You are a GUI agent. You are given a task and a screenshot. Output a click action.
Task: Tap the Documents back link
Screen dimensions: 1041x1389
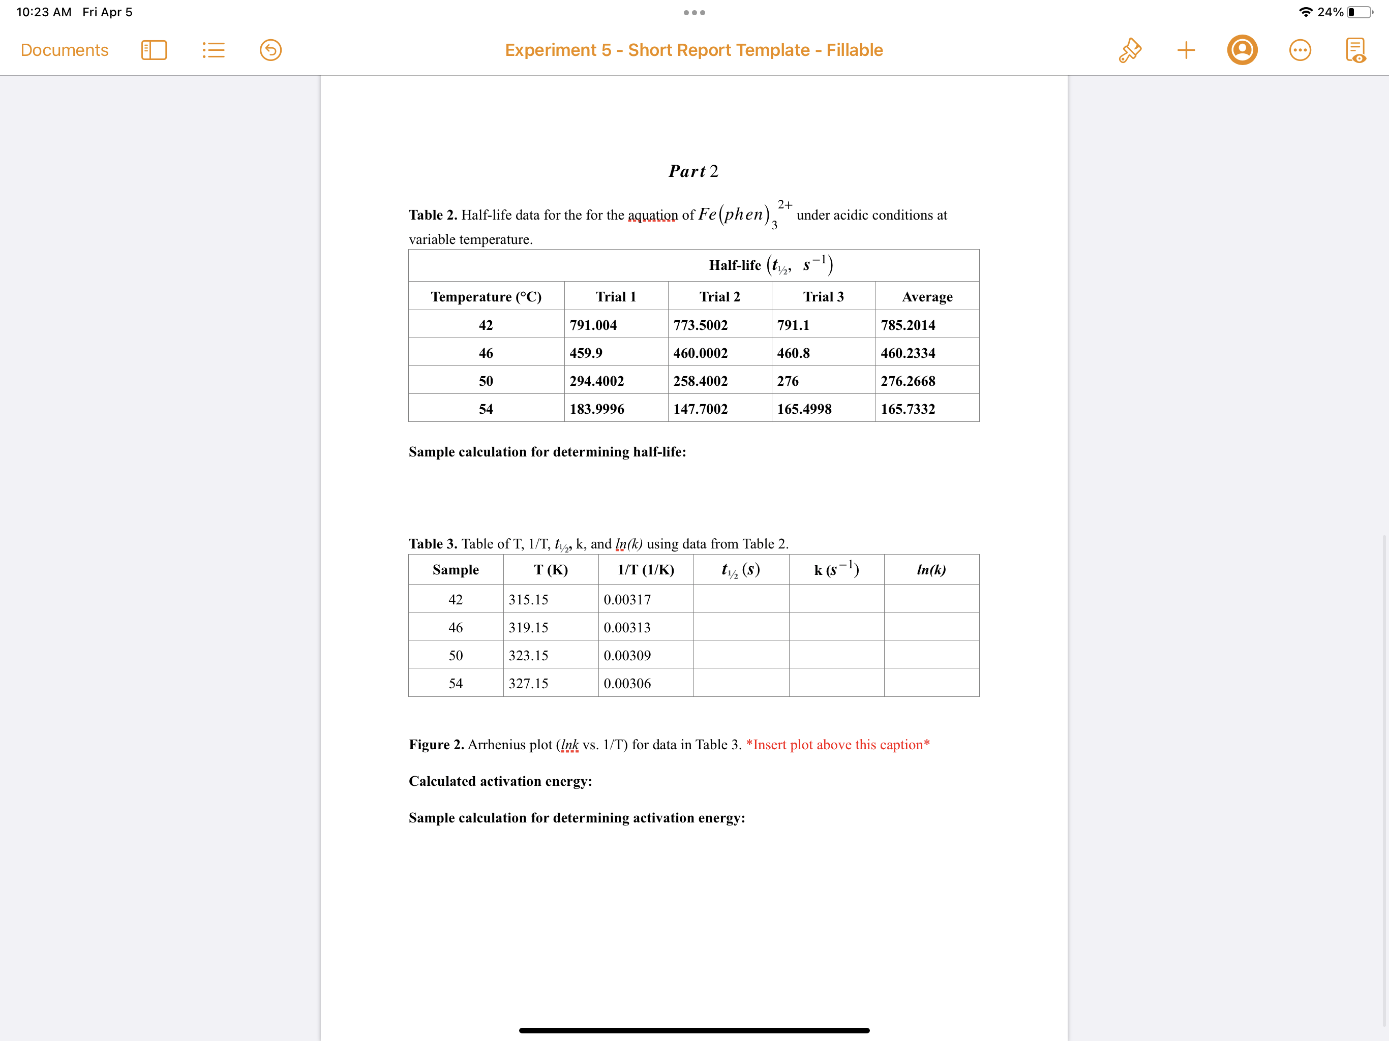point(64,50)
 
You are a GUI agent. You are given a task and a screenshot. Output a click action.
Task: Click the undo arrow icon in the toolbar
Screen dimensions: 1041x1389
point(270,50)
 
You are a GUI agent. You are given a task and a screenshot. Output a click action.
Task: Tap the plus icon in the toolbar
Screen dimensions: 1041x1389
point(1186,50)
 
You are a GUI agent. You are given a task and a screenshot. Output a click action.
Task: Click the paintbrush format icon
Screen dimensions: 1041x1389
point(1129,50)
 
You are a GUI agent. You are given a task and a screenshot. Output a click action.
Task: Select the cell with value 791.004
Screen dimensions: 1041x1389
point(593,325)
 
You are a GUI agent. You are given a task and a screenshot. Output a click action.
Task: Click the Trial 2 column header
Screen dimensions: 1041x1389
point(719,296)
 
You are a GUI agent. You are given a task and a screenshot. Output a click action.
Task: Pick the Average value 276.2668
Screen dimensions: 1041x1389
point(908,381)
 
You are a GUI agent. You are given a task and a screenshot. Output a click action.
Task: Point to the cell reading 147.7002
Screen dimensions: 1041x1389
point(700,409)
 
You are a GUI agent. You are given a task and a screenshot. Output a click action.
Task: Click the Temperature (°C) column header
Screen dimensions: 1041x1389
point(486,296)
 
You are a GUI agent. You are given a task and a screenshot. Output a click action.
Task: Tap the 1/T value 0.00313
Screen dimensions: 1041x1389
point(627,627)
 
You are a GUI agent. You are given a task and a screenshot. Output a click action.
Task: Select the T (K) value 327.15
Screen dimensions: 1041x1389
point(528,683)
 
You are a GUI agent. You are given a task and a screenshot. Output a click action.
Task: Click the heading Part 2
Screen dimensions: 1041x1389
point(693,171)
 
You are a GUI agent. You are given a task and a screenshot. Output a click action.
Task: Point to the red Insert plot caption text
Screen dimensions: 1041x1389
point(838,744)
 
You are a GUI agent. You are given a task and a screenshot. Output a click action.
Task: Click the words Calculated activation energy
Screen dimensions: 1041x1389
point(500,781)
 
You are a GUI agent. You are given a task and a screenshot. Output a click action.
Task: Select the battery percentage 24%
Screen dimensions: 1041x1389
point(1330,12)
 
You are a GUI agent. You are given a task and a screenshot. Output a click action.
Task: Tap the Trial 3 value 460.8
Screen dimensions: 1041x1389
point(793,353)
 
